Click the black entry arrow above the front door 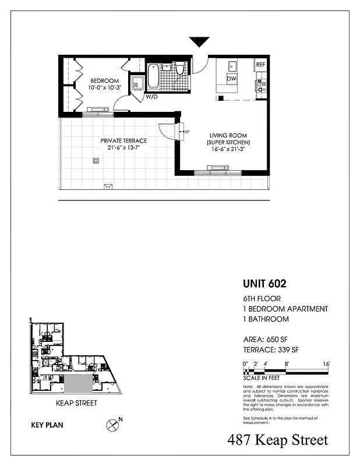[x=199, y=41]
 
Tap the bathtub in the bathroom [x=153, y=76]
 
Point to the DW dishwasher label [x=231, y=79]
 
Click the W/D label [x=152, y=97]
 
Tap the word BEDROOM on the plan [x=104, y=80]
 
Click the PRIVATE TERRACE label [x=123, y=140]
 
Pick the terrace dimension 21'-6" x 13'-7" [x=123, y=148]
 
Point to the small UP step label [x=186, y=132]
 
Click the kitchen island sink [x=231, y=65]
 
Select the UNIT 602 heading [x=264, y=285]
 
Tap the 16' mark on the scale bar [x=327, y=363]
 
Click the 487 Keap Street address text [x=278, y=440]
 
